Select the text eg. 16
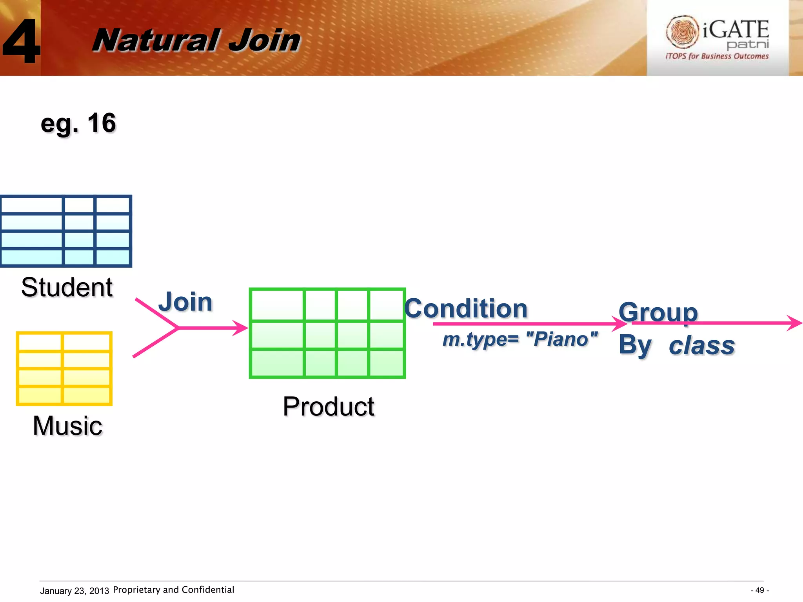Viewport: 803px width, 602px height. pyautogui.click(x=78, y=123)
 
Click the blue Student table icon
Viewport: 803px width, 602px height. pyautogui.click(x=66, y=231)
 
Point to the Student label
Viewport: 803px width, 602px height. pyautogui.click(x=67, y=287)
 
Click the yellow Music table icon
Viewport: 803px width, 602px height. pyautogui.click(x=64, y=368)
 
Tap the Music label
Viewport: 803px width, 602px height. pyautogui.click(x=67, y=426)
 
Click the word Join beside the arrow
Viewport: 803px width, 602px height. pyautogui.click(x=185, y=302)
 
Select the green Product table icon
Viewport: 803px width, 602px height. pyautogui.click(x=327, y=333)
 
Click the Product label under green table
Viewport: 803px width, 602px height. pyautogui.click(x=329, y=406)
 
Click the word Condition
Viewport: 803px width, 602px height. pyautogui.click(x=466, y=308)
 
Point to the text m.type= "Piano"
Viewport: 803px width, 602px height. pyautogui.click(x=520, y=339)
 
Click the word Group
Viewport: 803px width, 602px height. pyautogui.click(x=658, y=312)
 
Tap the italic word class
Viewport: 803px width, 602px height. pyautogui.click(x=701, y=346)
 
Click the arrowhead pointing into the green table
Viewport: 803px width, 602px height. pyautogui.click(x=241, y=328)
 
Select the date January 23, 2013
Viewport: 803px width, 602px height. pyautogui.click(x=74, y=591)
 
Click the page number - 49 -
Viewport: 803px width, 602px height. pyautogui.click(x=759, y=590)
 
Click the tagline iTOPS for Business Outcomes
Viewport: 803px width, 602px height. pyautogui.click(x=717, y=56)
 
